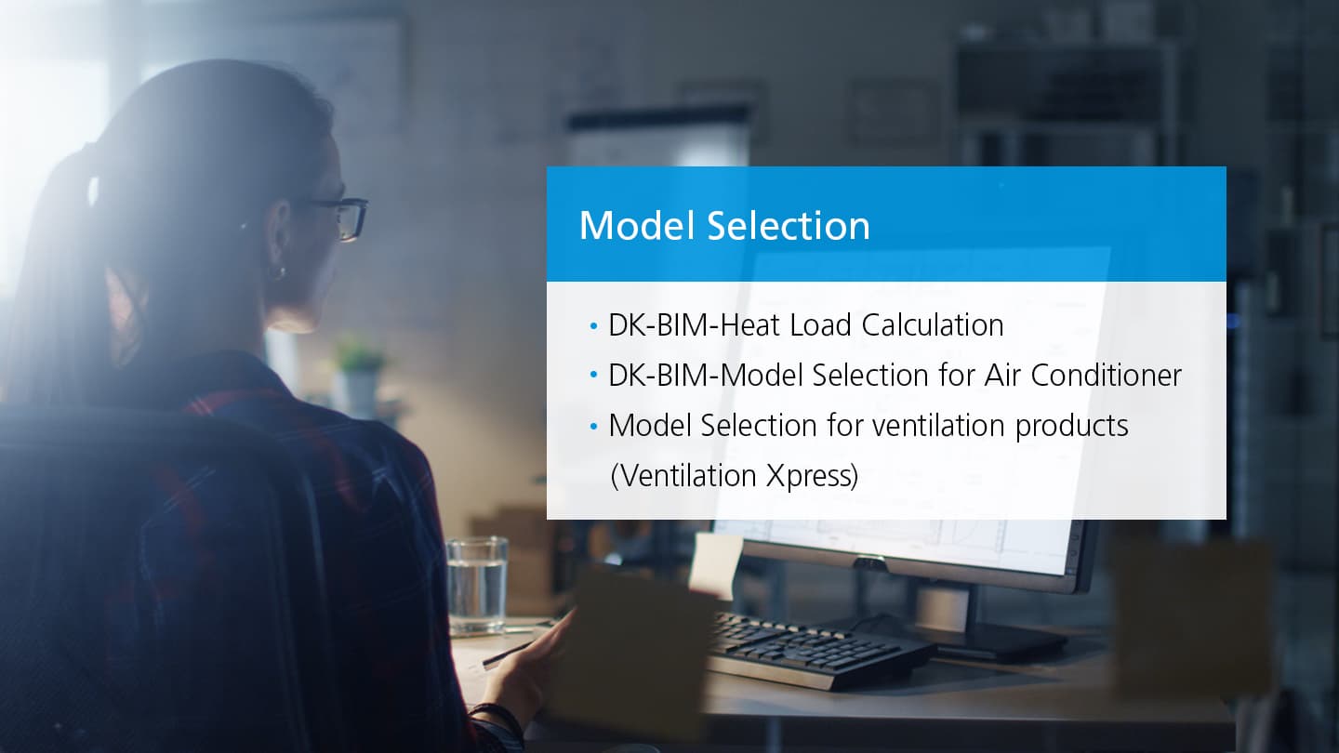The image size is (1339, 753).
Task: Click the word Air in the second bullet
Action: [1002, 376]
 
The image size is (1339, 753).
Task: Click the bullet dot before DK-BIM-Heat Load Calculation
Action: [594, 326]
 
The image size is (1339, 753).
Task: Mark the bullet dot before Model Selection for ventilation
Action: [594, 427]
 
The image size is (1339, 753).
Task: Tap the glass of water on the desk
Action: [477, 586]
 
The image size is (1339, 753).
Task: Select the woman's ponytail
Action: [65, 270]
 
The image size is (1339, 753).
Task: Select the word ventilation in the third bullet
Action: [939, 426]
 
